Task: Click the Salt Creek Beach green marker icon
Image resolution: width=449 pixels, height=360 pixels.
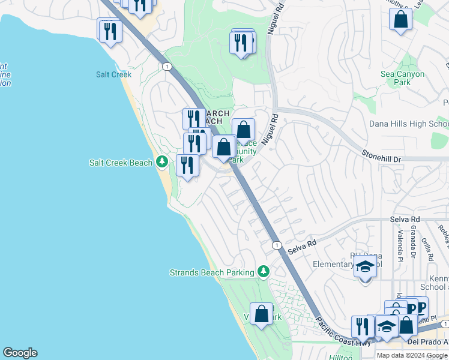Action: pos(161,162)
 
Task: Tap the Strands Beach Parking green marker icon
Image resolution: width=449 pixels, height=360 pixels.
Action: pos(263,272)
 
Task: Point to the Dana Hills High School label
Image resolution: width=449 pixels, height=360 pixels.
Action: pos(409,124)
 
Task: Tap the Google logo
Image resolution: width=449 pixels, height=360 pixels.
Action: pos(20,353)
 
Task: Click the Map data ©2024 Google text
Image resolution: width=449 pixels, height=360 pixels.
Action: pos(412,355)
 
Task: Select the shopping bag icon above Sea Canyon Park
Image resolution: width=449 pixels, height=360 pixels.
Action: pos(400,19)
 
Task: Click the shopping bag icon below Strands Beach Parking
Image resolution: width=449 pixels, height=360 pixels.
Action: pos(262,313)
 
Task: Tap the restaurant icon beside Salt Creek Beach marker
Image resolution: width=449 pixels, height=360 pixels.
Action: pos(187,164)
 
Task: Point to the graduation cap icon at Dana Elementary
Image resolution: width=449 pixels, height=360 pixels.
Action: pos(365,266)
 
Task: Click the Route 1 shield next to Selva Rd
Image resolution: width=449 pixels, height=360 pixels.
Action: pos(276,245)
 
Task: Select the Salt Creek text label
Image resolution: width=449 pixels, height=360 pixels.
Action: pos(113,74)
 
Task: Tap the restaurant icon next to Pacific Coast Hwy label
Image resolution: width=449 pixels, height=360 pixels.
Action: pos(362,326)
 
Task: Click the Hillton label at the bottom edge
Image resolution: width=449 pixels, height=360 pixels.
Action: pos(341,356)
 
